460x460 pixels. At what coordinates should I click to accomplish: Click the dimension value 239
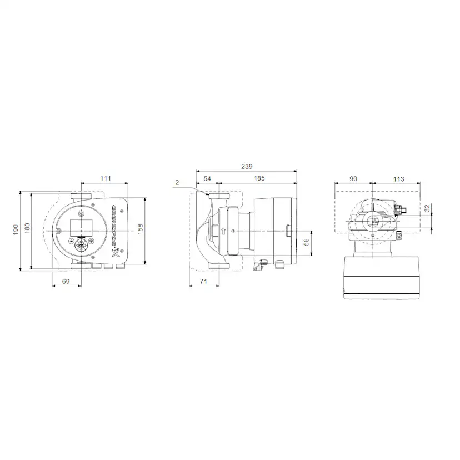[x=247, y=166]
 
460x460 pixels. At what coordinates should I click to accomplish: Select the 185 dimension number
[x=259, y=178]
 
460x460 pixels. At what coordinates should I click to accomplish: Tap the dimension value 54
[x=207, y=178]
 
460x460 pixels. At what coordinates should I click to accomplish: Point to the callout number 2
[x=177, y=182]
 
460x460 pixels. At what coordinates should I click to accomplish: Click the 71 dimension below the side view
[x=203, y=282]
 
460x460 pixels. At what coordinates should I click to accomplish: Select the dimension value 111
[x=106, y=178]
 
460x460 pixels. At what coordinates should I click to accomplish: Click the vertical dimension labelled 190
[x=16, y=229]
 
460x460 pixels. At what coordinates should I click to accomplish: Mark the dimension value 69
[x=66, y=282]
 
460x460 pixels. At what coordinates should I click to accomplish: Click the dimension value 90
[x=354, y=179]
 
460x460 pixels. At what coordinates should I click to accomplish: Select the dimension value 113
[x=398, y=179]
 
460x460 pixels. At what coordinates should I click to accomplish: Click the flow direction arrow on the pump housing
[x=222, y=231]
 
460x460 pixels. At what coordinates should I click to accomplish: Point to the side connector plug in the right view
[x=399, y=212]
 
